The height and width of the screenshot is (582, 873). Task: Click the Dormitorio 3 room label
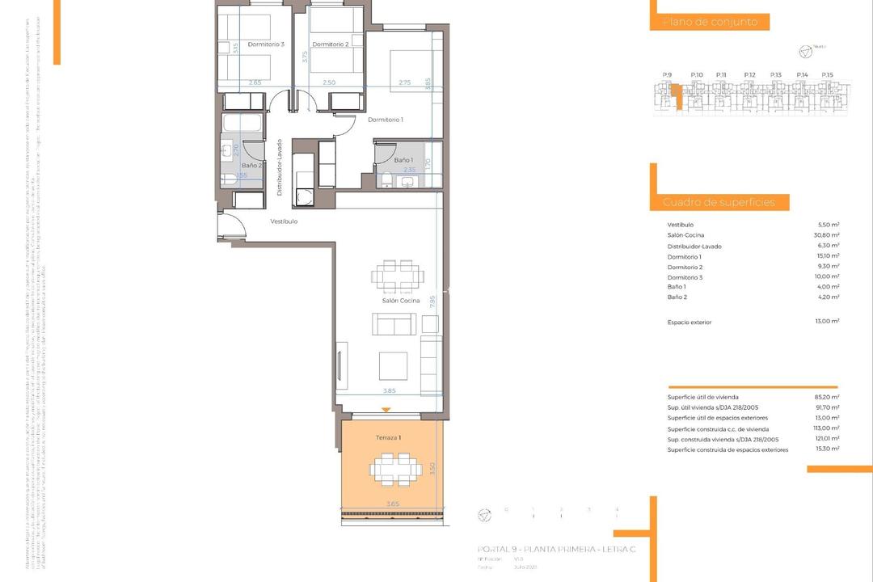pyautogui.click(x=266, y=44)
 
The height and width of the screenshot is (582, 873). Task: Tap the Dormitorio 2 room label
pyautogui.click(x=330, y=44)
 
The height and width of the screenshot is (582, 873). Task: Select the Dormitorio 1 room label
pyautogui.click(x=386, y=120)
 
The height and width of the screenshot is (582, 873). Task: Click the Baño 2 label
pyautogui.click(x=251, y=166)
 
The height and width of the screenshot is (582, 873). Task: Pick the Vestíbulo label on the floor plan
pyautogui.click(x=284, y=221)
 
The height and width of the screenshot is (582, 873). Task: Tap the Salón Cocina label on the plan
pyautogui.click(x=401, y=301)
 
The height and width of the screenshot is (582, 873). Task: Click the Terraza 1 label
pyautogui.click(x=389, y=437)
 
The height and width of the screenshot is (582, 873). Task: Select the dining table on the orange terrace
pyautogui.click(x=396, y=469)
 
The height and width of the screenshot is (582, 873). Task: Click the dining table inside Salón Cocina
pyautogui.click(x=397, y=275)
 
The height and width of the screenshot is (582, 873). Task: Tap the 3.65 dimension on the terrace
pyautogui.click(x=392, y=504)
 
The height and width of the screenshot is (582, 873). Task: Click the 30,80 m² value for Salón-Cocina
pyautogui.click(x=829, y=235)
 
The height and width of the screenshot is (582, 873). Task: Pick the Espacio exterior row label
pyautogui.click(x=690, y=323)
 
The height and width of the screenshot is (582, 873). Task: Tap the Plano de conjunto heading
pyautogui.click(x=710, y=23)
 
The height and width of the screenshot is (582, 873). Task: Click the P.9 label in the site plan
pyautogui.click(x=667, y=74)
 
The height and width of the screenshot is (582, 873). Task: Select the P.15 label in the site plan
pyautogui.click(x=827, y=74)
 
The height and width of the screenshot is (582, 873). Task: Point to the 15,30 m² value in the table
pyautogui.click(x=829, y=449)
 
